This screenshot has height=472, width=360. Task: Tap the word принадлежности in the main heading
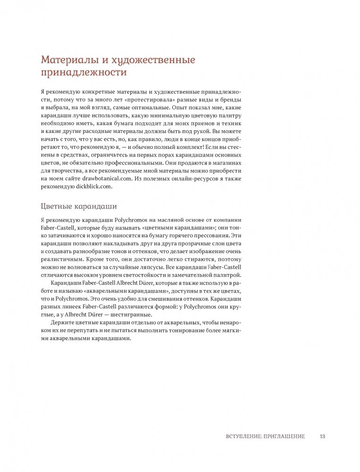[84, 73]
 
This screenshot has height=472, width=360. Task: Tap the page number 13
[323, 436]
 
